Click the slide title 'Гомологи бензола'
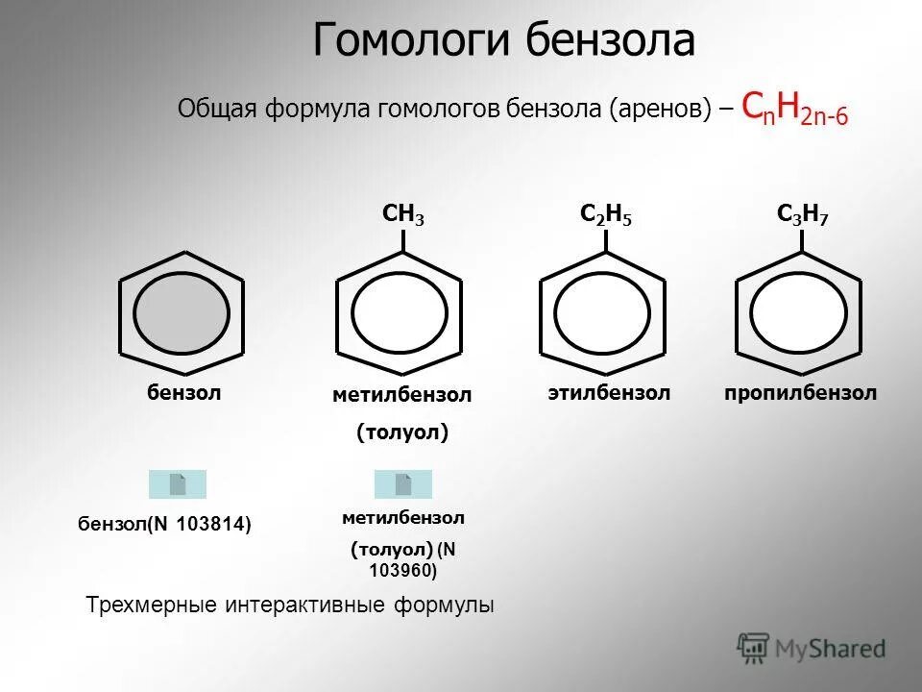[503, 41]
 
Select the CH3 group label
[402, 215]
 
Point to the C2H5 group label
[606, 215]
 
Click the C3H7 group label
[803, 215]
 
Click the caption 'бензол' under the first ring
[183, 392]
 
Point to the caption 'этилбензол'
[609, 393]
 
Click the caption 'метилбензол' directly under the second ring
[402, 395]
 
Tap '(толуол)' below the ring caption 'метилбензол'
[402, 433]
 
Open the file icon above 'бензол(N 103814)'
[178, 484]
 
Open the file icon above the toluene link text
[403, 484]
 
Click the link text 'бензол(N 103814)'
[164, 524]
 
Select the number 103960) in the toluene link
[402, 571]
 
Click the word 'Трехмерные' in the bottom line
[151, 605]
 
